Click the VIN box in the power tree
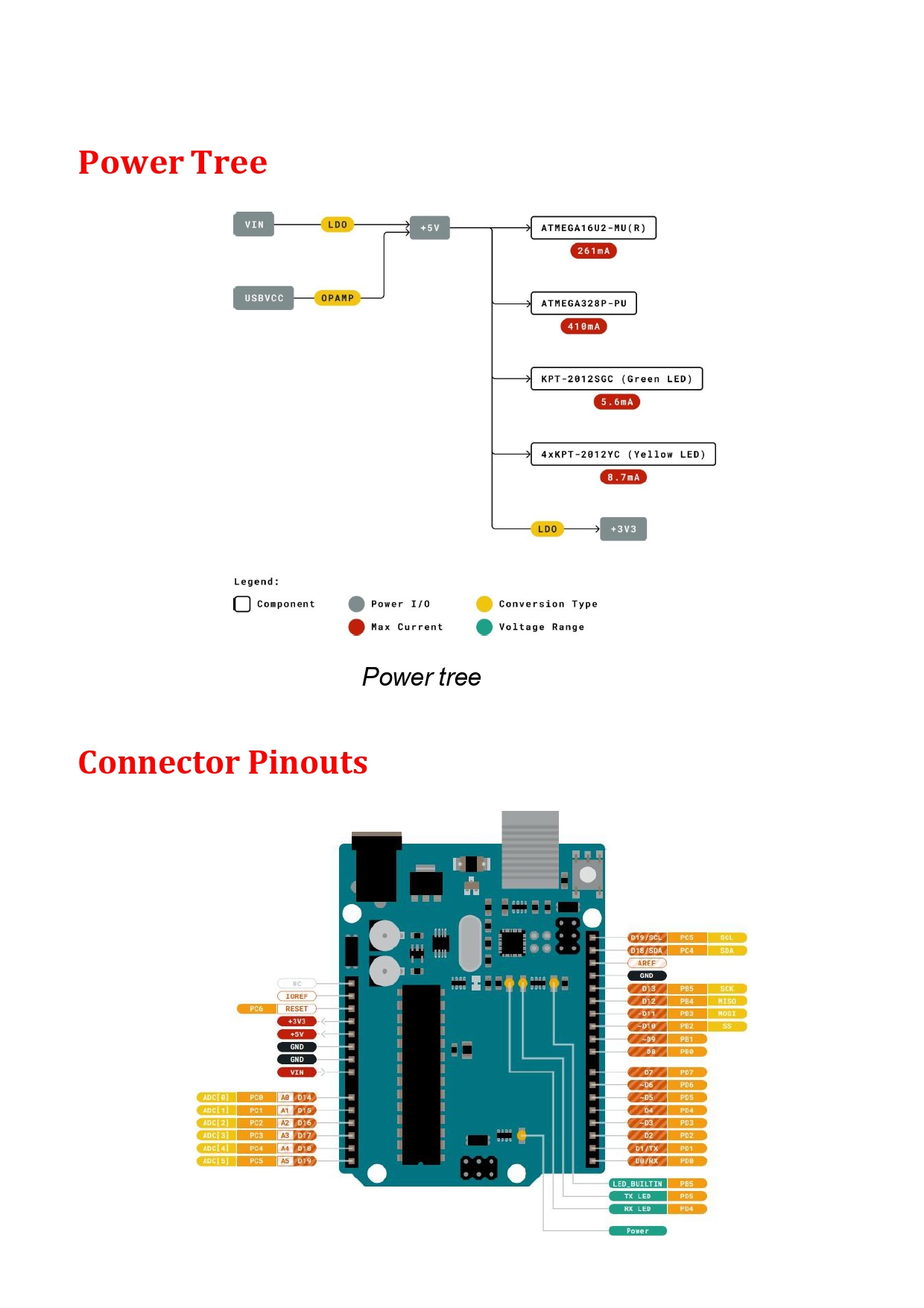coord(253,224)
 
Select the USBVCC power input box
coord(264,298)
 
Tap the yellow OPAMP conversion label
coord(338,298)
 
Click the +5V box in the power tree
coord(429,228)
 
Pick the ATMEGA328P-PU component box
coord(583,303)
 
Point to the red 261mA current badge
coord(593,251)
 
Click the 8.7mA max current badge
coord(623,477)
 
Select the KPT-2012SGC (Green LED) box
coord(616,379)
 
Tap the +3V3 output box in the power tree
coord(623,529)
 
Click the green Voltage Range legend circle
coord(484,627)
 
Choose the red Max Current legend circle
coord(356,627)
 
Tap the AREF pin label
coord(646,963)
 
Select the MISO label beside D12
coord(727,1001)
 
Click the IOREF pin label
coord(297,996)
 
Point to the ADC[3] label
coord(216,1135)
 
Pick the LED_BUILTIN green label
coord(637,1184)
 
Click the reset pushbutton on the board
coord(587,874)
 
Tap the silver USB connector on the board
coord(530,850)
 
